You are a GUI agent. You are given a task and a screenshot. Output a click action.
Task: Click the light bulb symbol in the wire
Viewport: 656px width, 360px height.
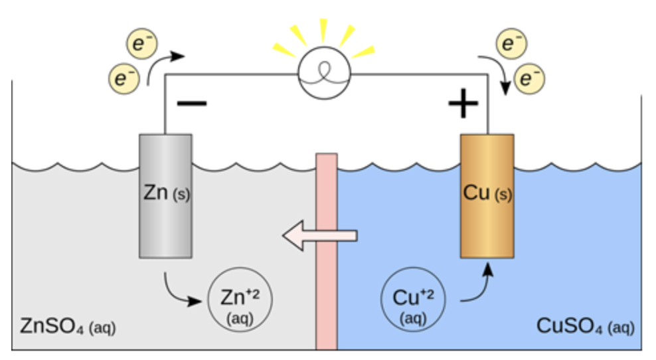(x=323, y=74)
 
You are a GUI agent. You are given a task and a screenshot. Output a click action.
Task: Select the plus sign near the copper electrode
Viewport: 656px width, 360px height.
(x=463, y=105)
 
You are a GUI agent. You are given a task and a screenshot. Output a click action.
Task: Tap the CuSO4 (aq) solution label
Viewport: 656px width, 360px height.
(x=584, y=326)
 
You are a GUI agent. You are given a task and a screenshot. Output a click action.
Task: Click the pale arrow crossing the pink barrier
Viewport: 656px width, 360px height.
(x=319, y=234)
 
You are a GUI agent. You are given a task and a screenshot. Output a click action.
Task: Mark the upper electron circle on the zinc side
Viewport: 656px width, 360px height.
(x=141, y=44)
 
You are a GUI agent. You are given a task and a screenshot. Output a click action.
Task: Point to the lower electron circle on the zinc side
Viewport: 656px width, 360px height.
(x=123, y=78)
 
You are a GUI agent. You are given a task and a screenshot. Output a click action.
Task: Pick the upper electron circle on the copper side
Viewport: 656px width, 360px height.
(x=511, y=44)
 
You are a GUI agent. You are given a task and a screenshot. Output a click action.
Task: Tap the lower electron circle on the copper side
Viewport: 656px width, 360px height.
(x=529, y=79)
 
